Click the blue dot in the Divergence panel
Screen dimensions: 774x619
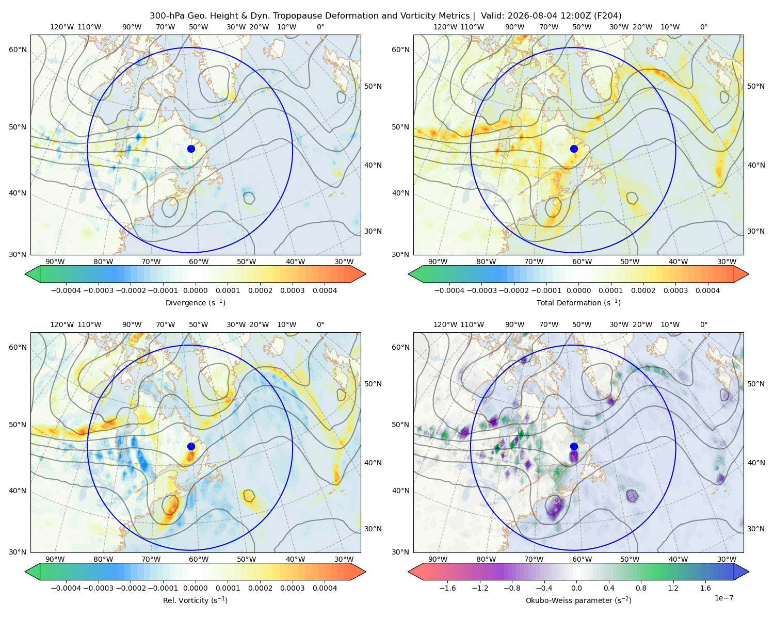(x=191, y=149)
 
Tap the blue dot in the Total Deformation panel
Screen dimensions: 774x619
(x=574, y=149)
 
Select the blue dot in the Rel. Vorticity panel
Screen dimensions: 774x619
(x=191, y=446)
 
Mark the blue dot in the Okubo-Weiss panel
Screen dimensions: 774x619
(x=574, y=446)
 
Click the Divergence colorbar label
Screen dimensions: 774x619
(x=195, y=303)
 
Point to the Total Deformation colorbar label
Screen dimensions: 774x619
(x=578, y=303)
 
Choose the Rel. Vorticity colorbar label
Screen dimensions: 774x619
(x=195, y=600)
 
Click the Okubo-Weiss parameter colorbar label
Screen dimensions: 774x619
(x=578, y=600)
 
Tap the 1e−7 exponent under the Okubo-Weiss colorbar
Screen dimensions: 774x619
(x=723, y=598)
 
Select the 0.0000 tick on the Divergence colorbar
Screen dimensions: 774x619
(x=195, y=290)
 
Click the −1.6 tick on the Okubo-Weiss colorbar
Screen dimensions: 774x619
(x=448, y=588)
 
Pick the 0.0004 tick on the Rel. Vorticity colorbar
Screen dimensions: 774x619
(x=325, y=588)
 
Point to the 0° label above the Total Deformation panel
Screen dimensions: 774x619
(x=704, y=27)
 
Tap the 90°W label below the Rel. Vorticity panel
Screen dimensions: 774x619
(x=55, y=559)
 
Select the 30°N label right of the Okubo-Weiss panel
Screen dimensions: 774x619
(x=756, y=529)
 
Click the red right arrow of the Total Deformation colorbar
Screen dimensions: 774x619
(x=741, y=274)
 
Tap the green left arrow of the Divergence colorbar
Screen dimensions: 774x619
(x=33, y=274)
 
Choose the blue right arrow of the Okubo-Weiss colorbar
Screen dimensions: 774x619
(x=741, y=572)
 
